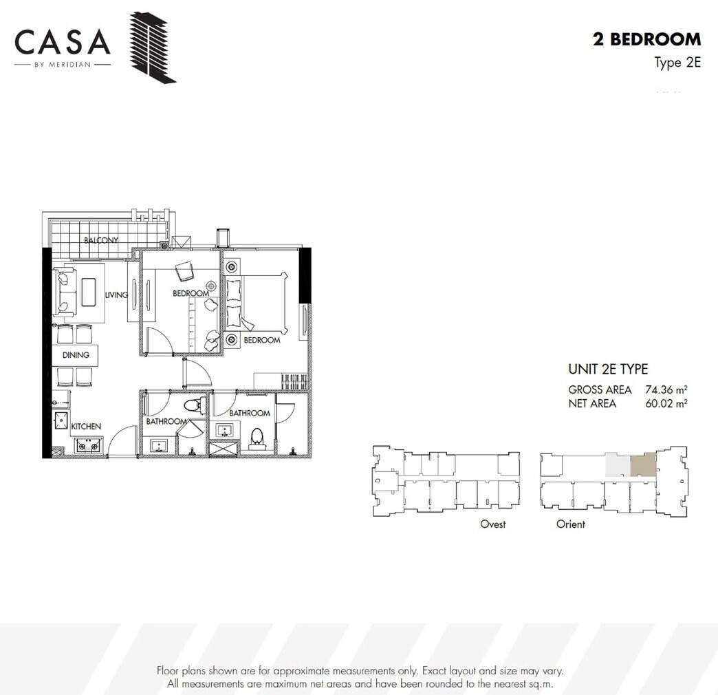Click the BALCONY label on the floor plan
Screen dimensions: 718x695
click(x=100, y=239)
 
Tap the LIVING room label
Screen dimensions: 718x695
click(x=116, y=295)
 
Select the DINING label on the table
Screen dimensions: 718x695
click(x=76, y=354)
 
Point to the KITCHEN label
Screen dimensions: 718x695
click(x=86, y=426)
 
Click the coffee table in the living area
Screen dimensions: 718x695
click(x=89, y=292)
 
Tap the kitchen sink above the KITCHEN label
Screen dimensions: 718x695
click(x=61, y=420)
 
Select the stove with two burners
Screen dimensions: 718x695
click(x=89, y=445)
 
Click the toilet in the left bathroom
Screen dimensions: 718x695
click(x=195, y=405)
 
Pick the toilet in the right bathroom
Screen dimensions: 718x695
click(x=257, y=438)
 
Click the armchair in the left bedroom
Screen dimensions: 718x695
click(x=184, y=271)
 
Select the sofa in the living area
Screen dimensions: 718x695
click(x=64, y=292)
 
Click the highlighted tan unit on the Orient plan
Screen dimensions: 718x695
click(x=643, y=464)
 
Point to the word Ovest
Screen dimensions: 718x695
click(x=492, y=524)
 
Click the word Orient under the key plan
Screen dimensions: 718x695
click(x=571, y=524)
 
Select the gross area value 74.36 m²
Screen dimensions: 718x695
click(x=666, y=390)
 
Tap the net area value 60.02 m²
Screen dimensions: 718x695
click(x=666, y=404)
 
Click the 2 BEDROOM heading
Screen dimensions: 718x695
click(x=646, y=39)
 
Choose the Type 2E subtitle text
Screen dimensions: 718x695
click(x=677, y=63)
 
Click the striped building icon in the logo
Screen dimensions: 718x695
click(x=153, y=47)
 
